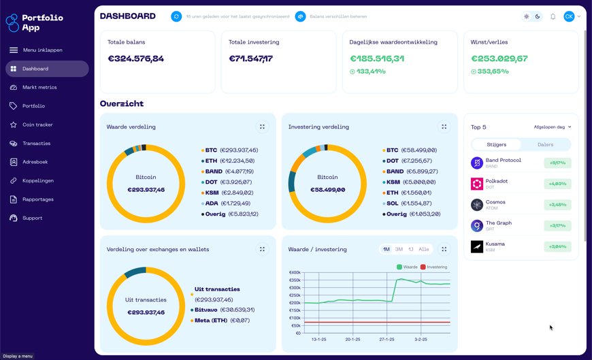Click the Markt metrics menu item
(39, 87)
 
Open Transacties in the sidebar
(36, 144)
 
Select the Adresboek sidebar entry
(35, 162)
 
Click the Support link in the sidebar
(32, 218)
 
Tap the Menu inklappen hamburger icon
(14, 50)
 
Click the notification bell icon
(553, 16)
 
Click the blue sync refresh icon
(176, 16)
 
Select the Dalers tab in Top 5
(545, 144)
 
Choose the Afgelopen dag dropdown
(552, 127)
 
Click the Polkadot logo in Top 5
(477, 184)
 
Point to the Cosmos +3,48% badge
(557, 205)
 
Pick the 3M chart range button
(399, 249)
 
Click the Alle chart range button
(423, 249)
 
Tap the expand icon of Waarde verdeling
(262, 127)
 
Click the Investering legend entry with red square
(433, 267)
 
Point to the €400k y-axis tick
(295, 273)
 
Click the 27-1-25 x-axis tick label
(387, 339)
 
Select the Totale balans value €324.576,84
(136, 59)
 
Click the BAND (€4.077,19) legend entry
(229, 171)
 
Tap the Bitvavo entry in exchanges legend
(224, 310)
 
